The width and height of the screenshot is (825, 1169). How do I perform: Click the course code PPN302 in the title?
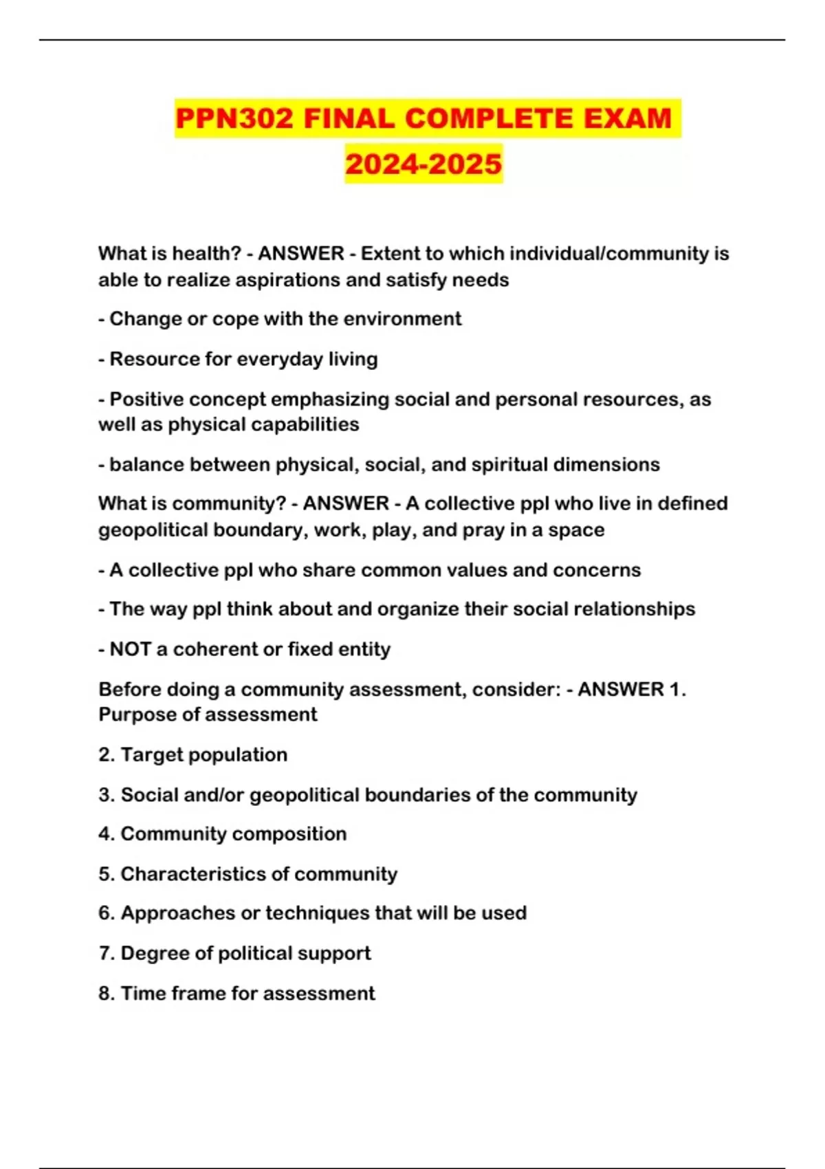234,118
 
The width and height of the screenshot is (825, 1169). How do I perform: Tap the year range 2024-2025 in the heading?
423,164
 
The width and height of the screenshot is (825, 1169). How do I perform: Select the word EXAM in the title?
627,118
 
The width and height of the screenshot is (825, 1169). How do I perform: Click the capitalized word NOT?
130,649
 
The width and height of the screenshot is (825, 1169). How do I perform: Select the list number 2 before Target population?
105,755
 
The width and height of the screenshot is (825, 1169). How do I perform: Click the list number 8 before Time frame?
105,994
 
